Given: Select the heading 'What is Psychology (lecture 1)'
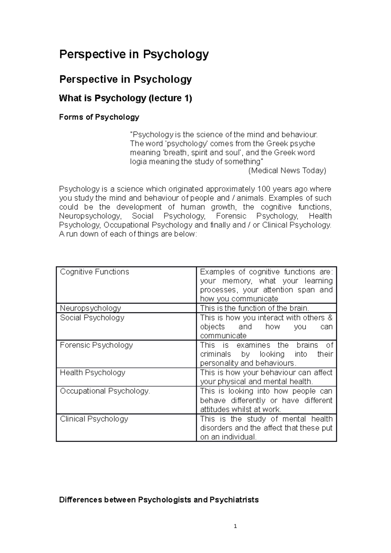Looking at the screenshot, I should (125, 98).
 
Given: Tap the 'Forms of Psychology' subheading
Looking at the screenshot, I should (99, 117).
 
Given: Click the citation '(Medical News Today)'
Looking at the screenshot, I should (287, 170).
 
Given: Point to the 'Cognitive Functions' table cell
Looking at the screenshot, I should (94, 272).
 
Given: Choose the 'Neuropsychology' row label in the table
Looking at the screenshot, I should (90, 308).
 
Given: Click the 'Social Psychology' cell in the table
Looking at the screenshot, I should (92, 318).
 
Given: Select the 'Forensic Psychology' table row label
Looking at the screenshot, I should (96, 345).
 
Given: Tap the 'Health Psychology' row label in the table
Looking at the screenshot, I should (93, 373).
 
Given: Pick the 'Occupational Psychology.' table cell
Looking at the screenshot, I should (105, 391).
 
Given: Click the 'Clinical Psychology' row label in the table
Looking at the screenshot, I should (94, 419).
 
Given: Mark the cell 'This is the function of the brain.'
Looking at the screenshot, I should (254, 308).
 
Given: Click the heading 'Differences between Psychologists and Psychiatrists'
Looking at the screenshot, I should (159, 500).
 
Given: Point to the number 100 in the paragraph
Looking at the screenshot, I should (264, 189).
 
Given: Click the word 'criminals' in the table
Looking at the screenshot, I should (215, 354).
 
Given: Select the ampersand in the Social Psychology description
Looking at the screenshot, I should (330, 318).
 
